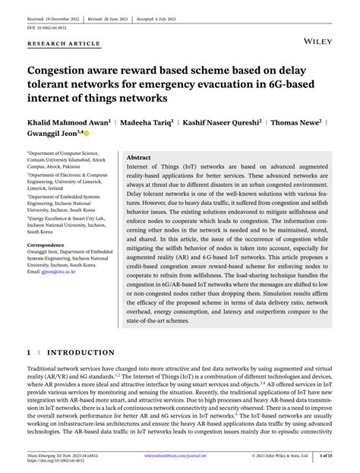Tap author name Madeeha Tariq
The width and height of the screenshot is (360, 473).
click(x=144, y=121)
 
